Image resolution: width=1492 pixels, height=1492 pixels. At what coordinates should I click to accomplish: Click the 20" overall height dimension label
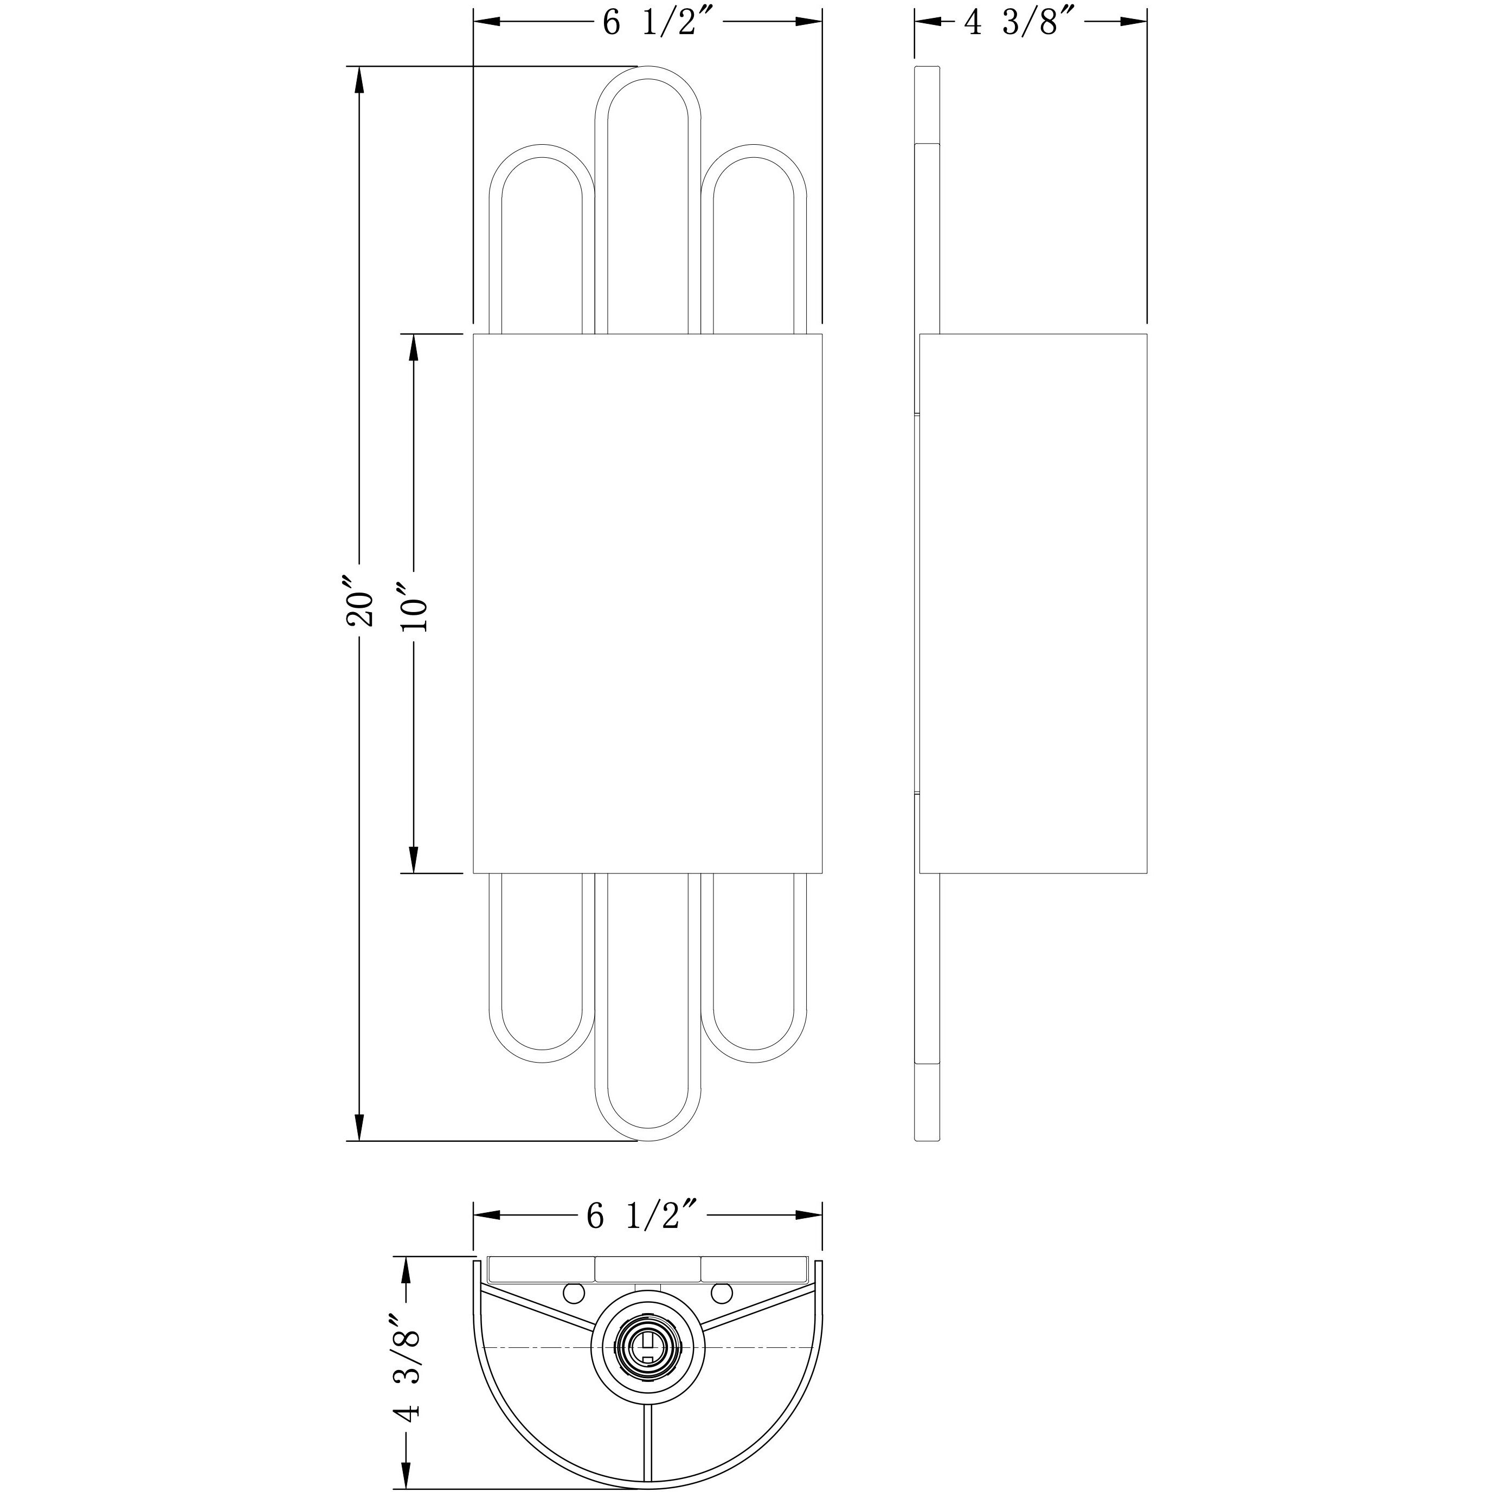coord(361,599)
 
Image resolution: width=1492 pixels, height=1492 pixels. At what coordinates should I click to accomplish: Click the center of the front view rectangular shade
coord(647,603)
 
